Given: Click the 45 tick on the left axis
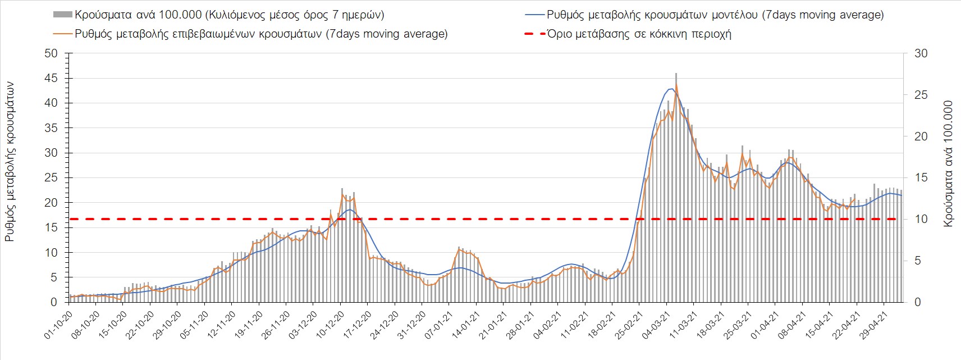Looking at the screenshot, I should [x=51, y=78].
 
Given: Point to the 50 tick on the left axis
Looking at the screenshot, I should [x=51, y=53].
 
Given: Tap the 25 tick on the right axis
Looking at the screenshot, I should [x=921, y=95].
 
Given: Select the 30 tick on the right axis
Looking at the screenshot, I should [x=921, y=53].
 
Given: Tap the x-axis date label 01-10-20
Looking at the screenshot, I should [x=58, y=325].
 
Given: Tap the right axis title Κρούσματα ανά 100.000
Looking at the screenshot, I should [x=948, y=163].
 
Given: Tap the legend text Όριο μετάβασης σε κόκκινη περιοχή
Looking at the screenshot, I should [x=639, y=34].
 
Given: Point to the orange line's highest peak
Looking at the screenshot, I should [x=676, y=85].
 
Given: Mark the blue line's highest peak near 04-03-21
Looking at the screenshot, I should [x=671, y=89].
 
